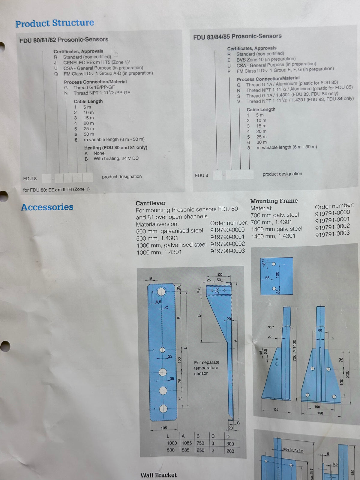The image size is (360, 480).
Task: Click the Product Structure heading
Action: [55, 23]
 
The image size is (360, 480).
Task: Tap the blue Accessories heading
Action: [47, 207]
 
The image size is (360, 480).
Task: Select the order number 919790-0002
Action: [227, 244]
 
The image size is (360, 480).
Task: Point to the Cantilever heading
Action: [150, 203]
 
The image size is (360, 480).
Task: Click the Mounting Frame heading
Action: [274, 201]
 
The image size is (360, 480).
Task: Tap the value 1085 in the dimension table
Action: [187, 443]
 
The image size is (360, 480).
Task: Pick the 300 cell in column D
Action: [230, 443]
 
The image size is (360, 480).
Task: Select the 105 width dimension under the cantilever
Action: [164, 428]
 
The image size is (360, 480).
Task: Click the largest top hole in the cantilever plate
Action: [161, 292]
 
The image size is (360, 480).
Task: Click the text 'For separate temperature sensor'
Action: [206, 367]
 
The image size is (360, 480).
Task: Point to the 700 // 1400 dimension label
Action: [294, 350]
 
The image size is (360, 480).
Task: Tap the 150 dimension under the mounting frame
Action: [320, 413]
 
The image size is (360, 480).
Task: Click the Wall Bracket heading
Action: [158, 475]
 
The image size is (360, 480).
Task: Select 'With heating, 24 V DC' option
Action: [116, 158]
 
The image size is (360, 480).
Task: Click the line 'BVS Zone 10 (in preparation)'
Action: [266, 59]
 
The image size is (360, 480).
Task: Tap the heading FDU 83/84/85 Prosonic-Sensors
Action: [237, 37]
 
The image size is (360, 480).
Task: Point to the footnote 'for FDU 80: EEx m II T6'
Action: [56, 189]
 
